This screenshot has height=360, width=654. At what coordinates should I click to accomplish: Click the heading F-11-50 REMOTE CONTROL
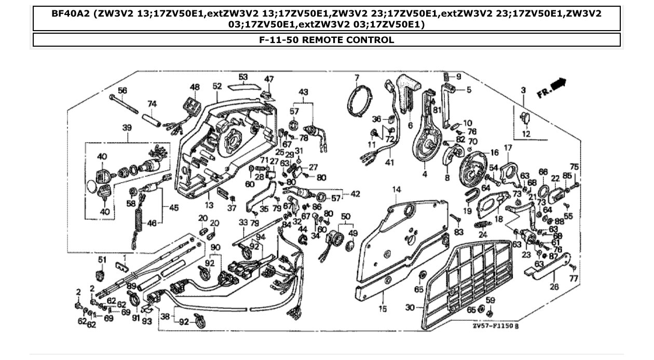(326, 40)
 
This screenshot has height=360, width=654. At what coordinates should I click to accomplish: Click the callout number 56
(122, 90)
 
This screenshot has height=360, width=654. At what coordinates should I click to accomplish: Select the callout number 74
(152, 104)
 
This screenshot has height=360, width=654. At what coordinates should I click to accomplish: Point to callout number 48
(195, 87)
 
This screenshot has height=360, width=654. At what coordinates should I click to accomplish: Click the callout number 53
(243, 77)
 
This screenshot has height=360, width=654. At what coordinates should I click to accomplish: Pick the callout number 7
(357, 78)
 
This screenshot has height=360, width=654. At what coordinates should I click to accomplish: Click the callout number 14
(397, 190)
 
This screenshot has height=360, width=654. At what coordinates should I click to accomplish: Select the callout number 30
(410, 308)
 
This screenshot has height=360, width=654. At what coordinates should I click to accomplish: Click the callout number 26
(554, 286)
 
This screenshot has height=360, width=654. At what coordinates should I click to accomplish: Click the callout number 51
(102, 259)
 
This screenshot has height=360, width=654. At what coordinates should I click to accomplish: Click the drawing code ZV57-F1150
(496, 327)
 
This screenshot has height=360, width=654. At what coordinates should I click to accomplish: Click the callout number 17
(508, 148)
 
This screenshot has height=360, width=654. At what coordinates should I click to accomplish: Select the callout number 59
(491, 300)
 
